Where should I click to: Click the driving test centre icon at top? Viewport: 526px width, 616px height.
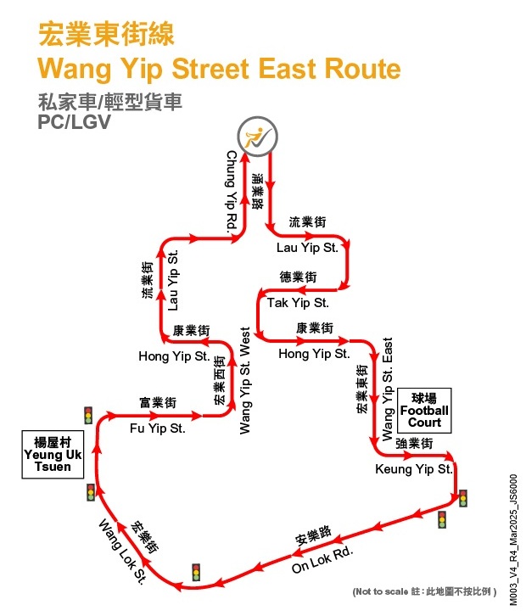point(254,137)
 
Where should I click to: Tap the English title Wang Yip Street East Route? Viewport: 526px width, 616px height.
point(220,68)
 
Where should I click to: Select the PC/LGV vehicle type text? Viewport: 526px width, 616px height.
point(74,121)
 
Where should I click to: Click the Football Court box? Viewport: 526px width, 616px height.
point(424,410)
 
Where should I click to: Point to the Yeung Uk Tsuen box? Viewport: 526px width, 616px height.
point(58,453)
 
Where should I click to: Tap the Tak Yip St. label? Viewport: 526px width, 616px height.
point(298,302)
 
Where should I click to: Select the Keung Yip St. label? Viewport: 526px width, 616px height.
point(414,468)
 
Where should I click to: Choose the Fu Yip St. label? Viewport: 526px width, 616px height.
point(157,429)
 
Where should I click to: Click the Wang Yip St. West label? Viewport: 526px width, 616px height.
point(245,381)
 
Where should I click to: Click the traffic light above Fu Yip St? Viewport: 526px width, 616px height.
point(87,415)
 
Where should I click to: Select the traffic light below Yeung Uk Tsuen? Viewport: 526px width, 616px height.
point(91,492)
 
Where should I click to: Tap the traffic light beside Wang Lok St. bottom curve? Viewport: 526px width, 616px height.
point(197,572)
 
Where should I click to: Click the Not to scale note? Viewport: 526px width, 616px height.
point(424,590)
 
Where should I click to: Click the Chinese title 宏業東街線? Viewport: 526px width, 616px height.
point(106,35)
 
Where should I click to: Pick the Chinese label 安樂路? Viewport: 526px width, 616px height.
point(311,536)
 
